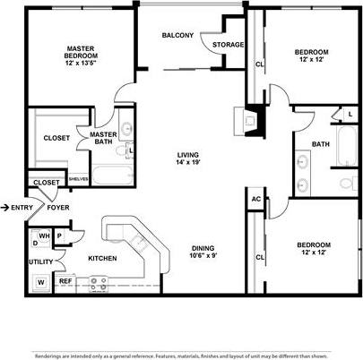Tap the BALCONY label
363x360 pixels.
[177, 36]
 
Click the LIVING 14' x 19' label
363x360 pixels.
[190, 159]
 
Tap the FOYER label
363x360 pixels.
[59, 208]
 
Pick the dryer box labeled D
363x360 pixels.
[35, 243]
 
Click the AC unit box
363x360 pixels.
[255, 200]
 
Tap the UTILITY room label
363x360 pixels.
[40, 261]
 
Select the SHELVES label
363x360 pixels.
[78, 178]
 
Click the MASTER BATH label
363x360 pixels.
[104, 139]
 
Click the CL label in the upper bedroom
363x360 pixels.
[259, 64]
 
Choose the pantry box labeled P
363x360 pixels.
[58, 236]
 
